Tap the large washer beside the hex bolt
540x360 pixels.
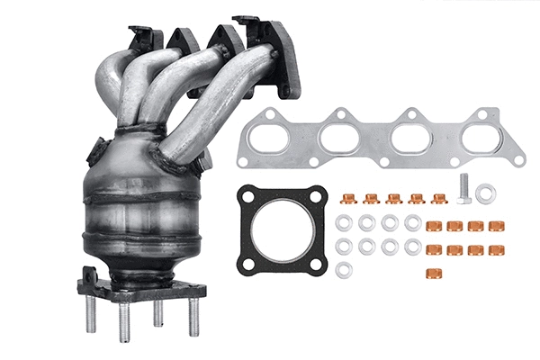coord(485,193)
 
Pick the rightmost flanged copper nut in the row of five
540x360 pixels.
coord(439,198)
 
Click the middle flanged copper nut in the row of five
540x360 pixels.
coord(393,198)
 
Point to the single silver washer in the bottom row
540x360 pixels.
coord(344,269)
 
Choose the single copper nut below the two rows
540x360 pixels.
coord(434,269)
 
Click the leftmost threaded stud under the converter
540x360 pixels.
coord(91,314)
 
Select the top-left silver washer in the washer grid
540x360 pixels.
coord(344,222)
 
